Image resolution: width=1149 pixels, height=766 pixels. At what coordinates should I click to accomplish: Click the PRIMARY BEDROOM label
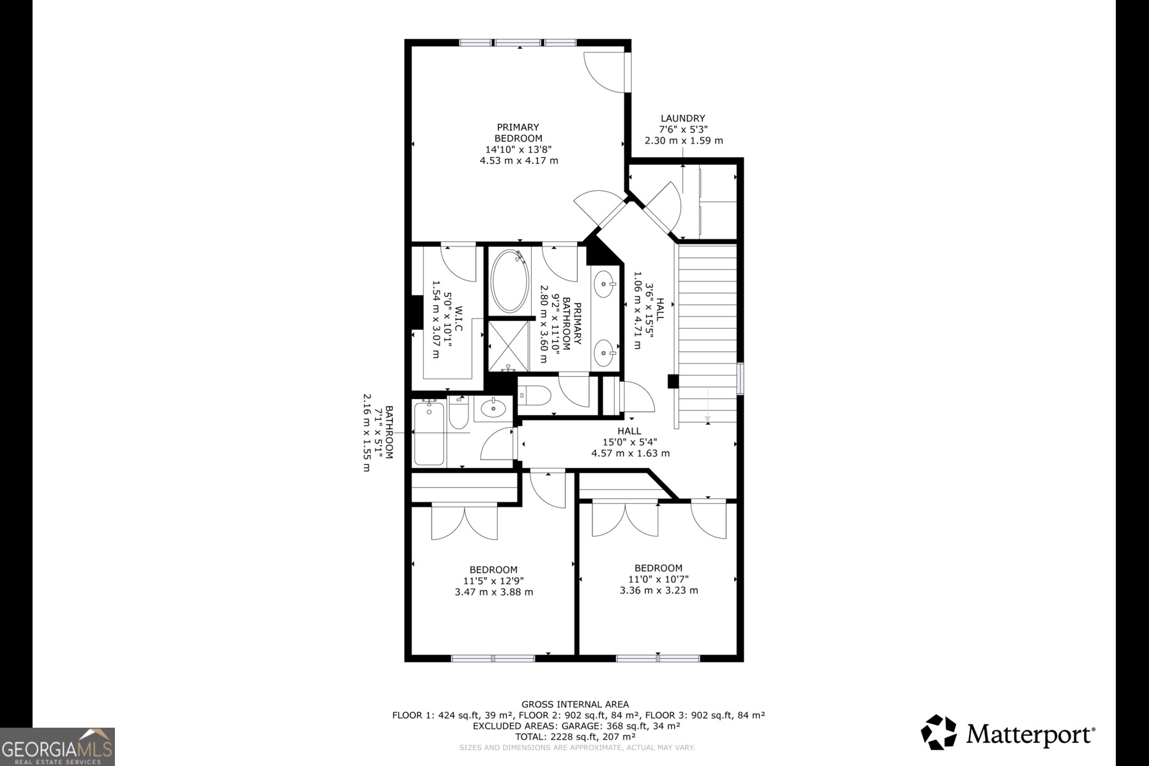pos(518,132)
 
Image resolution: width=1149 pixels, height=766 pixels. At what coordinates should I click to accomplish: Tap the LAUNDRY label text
pos(682,118)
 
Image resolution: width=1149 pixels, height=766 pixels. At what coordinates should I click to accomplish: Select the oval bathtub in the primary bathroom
pos(509,282)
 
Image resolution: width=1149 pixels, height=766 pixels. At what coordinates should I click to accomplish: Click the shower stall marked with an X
pos(508,345)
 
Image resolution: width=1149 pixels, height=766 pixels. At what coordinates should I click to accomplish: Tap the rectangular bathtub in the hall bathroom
pos(429,433)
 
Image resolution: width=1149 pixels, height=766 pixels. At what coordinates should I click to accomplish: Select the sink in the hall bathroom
pos(493,407)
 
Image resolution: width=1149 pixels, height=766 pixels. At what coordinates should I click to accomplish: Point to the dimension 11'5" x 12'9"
pos(493,581)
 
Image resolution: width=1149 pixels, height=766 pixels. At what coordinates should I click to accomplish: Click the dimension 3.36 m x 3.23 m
pos(659,590)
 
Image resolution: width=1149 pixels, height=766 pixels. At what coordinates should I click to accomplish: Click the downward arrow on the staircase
pos(708,405)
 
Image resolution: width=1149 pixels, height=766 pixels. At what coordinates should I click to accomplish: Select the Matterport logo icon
pos(938,732)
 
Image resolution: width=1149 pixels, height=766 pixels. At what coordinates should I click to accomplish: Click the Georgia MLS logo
pos(57,747)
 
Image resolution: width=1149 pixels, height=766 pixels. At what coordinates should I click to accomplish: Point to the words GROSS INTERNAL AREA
pos(574,704)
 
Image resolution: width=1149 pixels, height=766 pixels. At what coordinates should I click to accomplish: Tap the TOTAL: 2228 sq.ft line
pos(574,737)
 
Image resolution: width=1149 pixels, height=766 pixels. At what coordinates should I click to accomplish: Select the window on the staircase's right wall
pos(740,379)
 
